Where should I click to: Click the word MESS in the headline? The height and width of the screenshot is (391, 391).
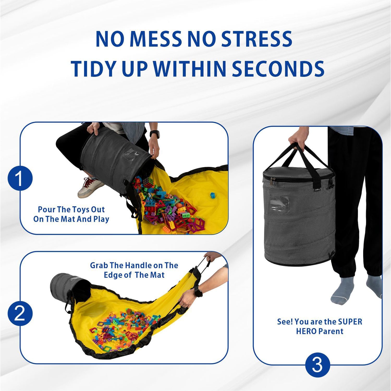155,39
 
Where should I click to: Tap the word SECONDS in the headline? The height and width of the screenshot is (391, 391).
278,69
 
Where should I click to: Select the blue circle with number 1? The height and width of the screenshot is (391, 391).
20,178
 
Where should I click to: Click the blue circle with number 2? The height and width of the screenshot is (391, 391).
20,313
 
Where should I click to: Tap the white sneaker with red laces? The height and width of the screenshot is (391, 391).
90,187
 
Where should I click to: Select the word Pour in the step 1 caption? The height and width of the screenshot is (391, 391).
47,210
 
